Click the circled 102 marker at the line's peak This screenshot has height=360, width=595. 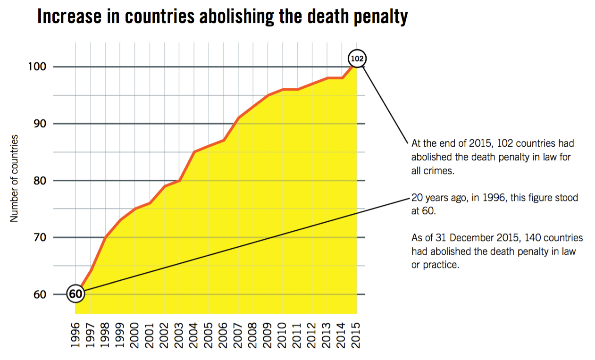357,59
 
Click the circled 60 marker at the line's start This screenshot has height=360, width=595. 75,294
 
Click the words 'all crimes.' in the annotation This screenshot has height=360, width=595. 433,171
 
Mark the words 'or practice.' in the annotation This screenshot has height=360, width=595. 435,265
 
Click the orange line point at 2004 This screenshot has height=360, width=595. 194,151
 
